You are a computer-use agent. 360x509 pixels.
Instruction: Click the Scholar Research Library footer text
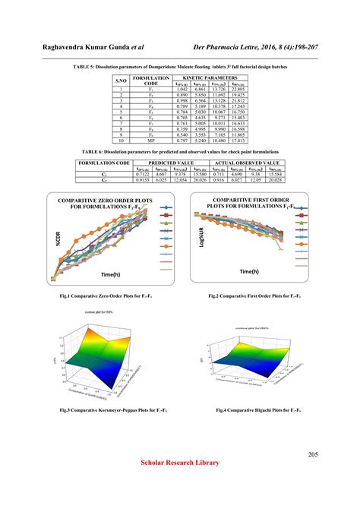[x=180, y=463]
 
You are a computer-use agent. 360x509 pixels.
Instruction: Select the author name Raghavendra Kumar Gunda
[x=94, y=48]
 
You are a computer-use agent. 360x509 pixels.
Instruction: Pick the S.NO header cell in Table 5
[x=121, y=80]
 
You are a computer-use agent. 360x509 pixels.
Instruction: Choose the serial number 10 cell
[x=121, y=141]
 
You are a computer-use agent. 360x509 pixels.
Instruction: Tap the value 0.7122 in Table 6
[x=152, y=174]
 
